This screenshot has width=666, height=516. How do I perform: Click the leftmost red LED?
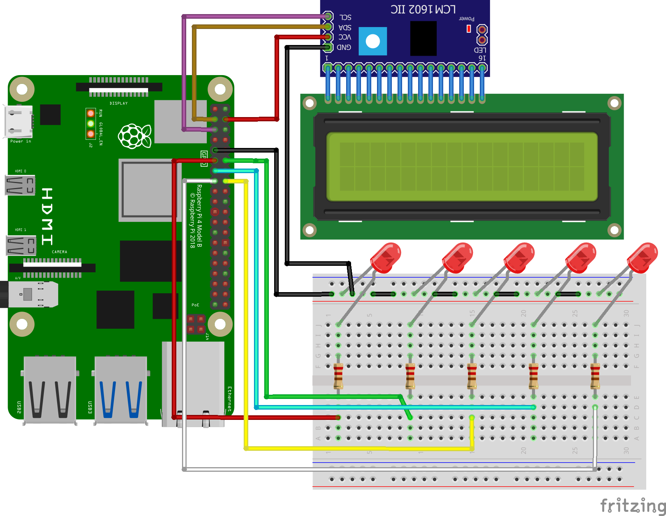[x=386, y=258]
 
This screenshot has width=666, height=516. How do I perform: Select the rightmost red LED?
[x=642, y=258]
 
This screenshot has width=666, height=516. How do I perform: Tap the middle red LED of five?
[x=519, y=258]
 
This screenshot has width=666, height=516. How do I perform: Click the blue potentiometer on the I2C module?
[x=373, y=41]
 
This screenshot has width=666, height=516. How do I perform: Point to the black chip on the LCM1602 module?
[x=423, y=39]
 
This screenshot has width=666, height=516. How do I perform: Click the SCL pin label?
[x=345, y=18]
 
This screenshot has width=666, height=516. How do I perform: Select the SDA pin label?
[x=345, y=27]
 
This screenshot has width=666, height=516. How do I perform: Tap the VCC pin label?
[x=345, y=37]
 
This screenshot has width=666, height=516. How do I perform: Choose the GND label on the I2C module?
[x=344, y=47]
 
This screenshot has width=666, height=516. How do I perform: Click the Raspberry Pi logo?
[x=134, y=136]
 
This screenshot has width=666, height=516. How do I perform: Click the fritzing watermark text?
[x=633, y=506]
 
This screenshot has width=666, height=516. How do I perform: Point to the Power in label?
[x=21, y=141]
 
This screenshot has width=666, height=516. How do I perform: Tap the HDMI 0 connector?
[x=20, y=185]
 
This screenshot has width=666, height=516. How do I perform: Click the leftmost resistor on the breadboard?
[x=338, y=376]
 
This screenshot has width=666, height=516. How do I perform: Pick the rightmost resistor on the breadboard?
[x=595, y=376]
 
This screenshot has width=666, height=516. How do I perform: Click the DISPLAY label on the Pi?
[x=119, y=103]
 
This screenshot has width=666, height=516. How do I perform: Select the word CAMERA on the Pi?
[x=59, y=252]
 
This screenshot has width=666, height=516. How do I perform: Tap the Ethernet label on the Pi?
[x=230, y=399]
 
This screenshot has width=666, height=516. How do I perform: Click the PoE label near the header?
[x=195, y=305]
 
